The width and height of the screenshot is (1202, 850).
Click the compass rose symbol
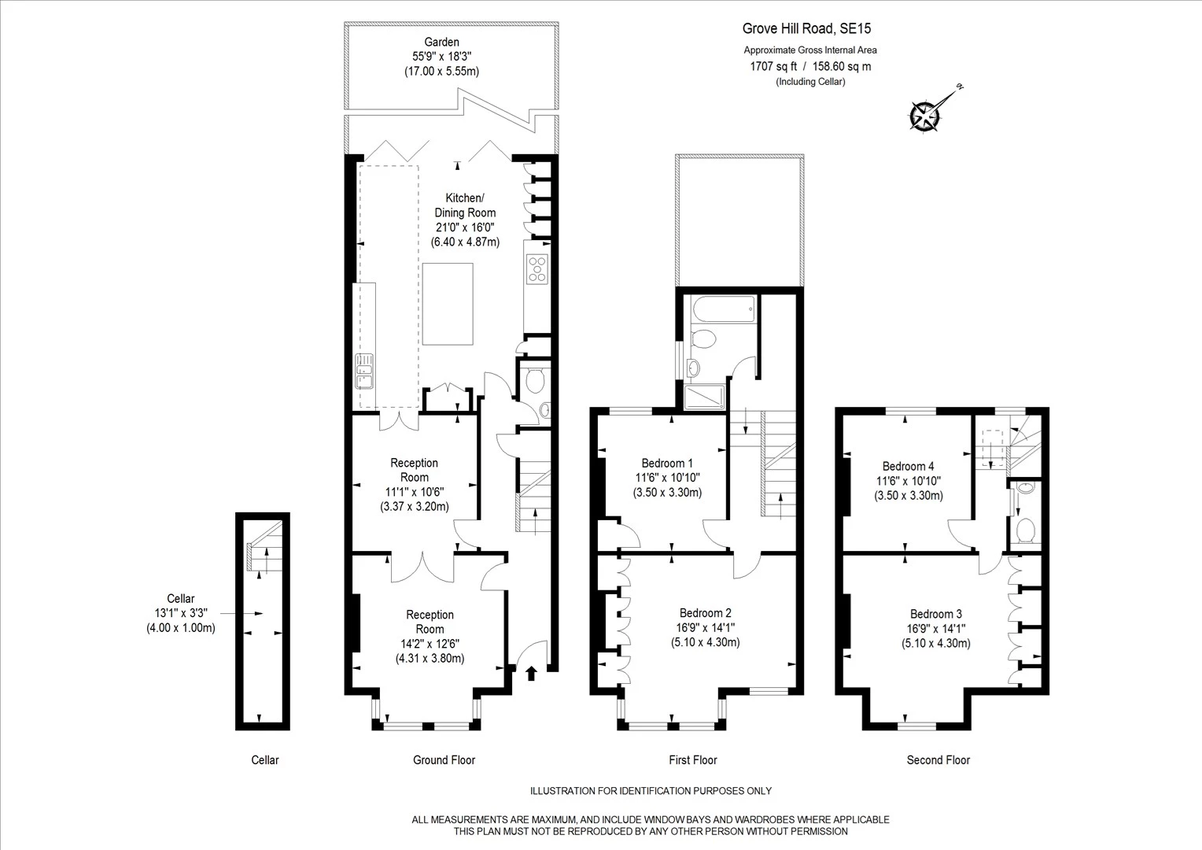click(x=925, y=116)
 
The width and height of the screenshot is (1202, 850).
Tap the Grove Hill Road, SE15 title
click(x=806, y=28)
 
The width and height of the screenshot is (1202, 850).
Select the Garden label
click(x=441, y=42)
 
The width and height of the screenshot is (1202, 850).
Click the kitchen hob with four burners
click(x=537, y=269)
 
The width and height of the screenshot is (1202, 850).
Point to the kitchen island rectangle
click(x=448, y=304)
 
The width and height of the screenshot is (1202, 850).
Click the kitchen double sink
click(x=364, y=371)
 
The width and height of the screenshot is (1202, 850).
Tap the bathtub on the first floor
click(x=724, y=309)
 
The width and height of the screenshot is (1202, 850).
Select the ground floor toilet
click(x=535, y=380)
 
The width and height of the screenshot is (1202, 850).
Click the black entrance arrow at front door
click(x=531, y=674)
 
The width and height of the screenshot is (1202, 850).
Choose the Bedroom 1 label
click(x=667, y=463)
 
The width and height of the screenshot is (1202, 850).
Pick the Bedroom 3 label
click(x=936, y=614)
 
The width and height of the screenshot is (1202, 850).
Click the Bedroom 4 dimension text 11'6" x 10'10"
click(x=909, y=481)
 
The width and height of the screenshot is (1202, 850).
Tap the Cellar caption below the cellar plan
click(x=265, y=759)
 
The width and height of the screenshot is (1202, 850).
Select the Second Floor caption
click(x=938, y=759)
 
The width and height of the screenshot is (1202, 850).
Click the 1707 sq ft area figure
click(x=773, y=67)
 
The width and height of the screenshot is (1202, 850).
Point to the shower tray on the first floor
click(x=705, y=398)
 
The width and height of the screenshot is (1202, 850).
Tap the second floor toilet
click(x=1026, y=530)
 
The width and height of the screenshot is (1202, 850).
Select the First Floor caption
click(x=693, y=759)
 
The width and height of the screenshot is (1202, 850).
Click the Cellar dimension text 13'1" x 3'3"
click(x=181, y=612)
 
